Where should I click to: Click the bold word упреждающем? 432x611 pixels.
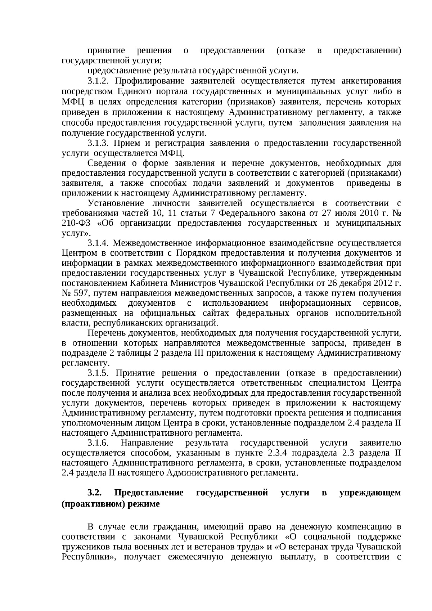[370, 493]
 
